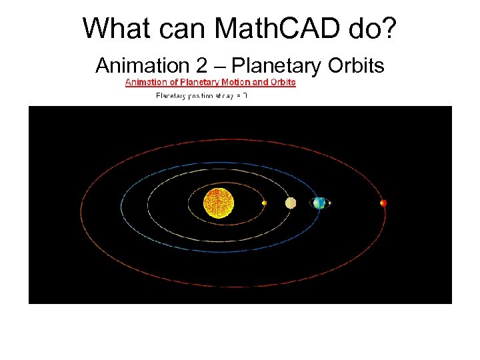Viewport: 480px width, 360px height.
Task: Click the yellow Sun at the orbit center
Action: pyautogui.click(x=219, y=203)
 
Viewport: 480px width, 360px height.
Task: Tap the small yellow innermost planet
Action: pyautogui.click(x=265, y=203)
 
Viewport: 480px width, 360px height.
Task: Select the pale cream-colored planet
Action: pyautogui.click(x=291, y=203)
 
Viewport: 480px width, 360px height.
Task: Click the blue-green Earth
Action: pyautogui.click(x=319, y=203)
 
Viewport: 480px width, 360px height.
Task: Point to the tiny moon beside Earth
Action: pyautogui.click(x=329, y=203)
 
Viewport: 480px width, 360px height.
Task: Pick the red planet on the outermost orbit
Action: pyautogui.click(x=383, y=203)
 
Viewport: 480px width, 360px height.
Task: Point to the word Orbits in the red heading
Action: pyautogui.click(x=283, y=83)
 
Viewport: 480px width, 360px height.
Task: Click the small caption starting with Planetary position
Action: pyautogui.click(x=201, y=96)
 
